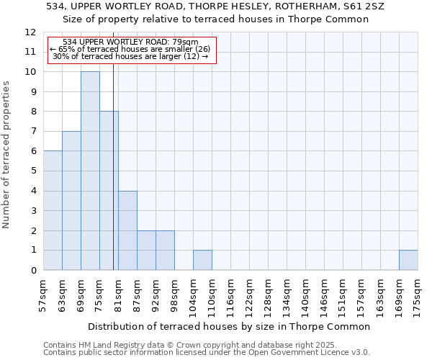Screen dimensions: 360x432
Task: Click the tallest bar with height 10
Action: [90, 171]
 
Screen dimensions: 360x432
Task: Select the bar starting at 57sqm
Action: [53, 210]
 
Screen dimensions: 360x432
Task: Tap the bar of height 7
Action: [71, 201]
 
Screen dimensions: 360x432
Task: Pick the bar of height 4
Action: [127, 230]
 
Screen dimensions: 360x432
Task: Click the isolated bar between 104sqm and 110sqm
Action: [202, 260]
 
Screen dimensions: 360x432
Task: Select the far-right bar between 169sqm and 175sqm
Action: [408, 260]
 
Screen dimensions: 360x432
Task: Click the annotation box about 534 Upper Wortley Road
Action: [132, 50]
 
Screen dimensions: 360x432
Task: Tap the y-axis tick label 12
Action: [30, 32]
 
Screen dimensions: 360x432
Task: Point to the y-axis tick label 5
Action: [33, 171]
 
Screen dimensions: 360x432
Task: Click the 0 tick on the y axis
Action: [33, 271]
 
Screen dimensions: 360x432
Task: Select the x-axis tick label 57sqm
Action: [44, 294]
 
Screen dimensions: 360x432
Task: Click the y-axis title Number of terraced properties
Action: [7, 154]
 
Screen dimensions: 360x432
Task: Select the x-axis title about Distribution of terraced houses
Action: [230, 326]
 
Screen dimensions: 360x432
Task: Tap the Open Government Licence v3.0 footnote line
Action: [207, 353]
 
